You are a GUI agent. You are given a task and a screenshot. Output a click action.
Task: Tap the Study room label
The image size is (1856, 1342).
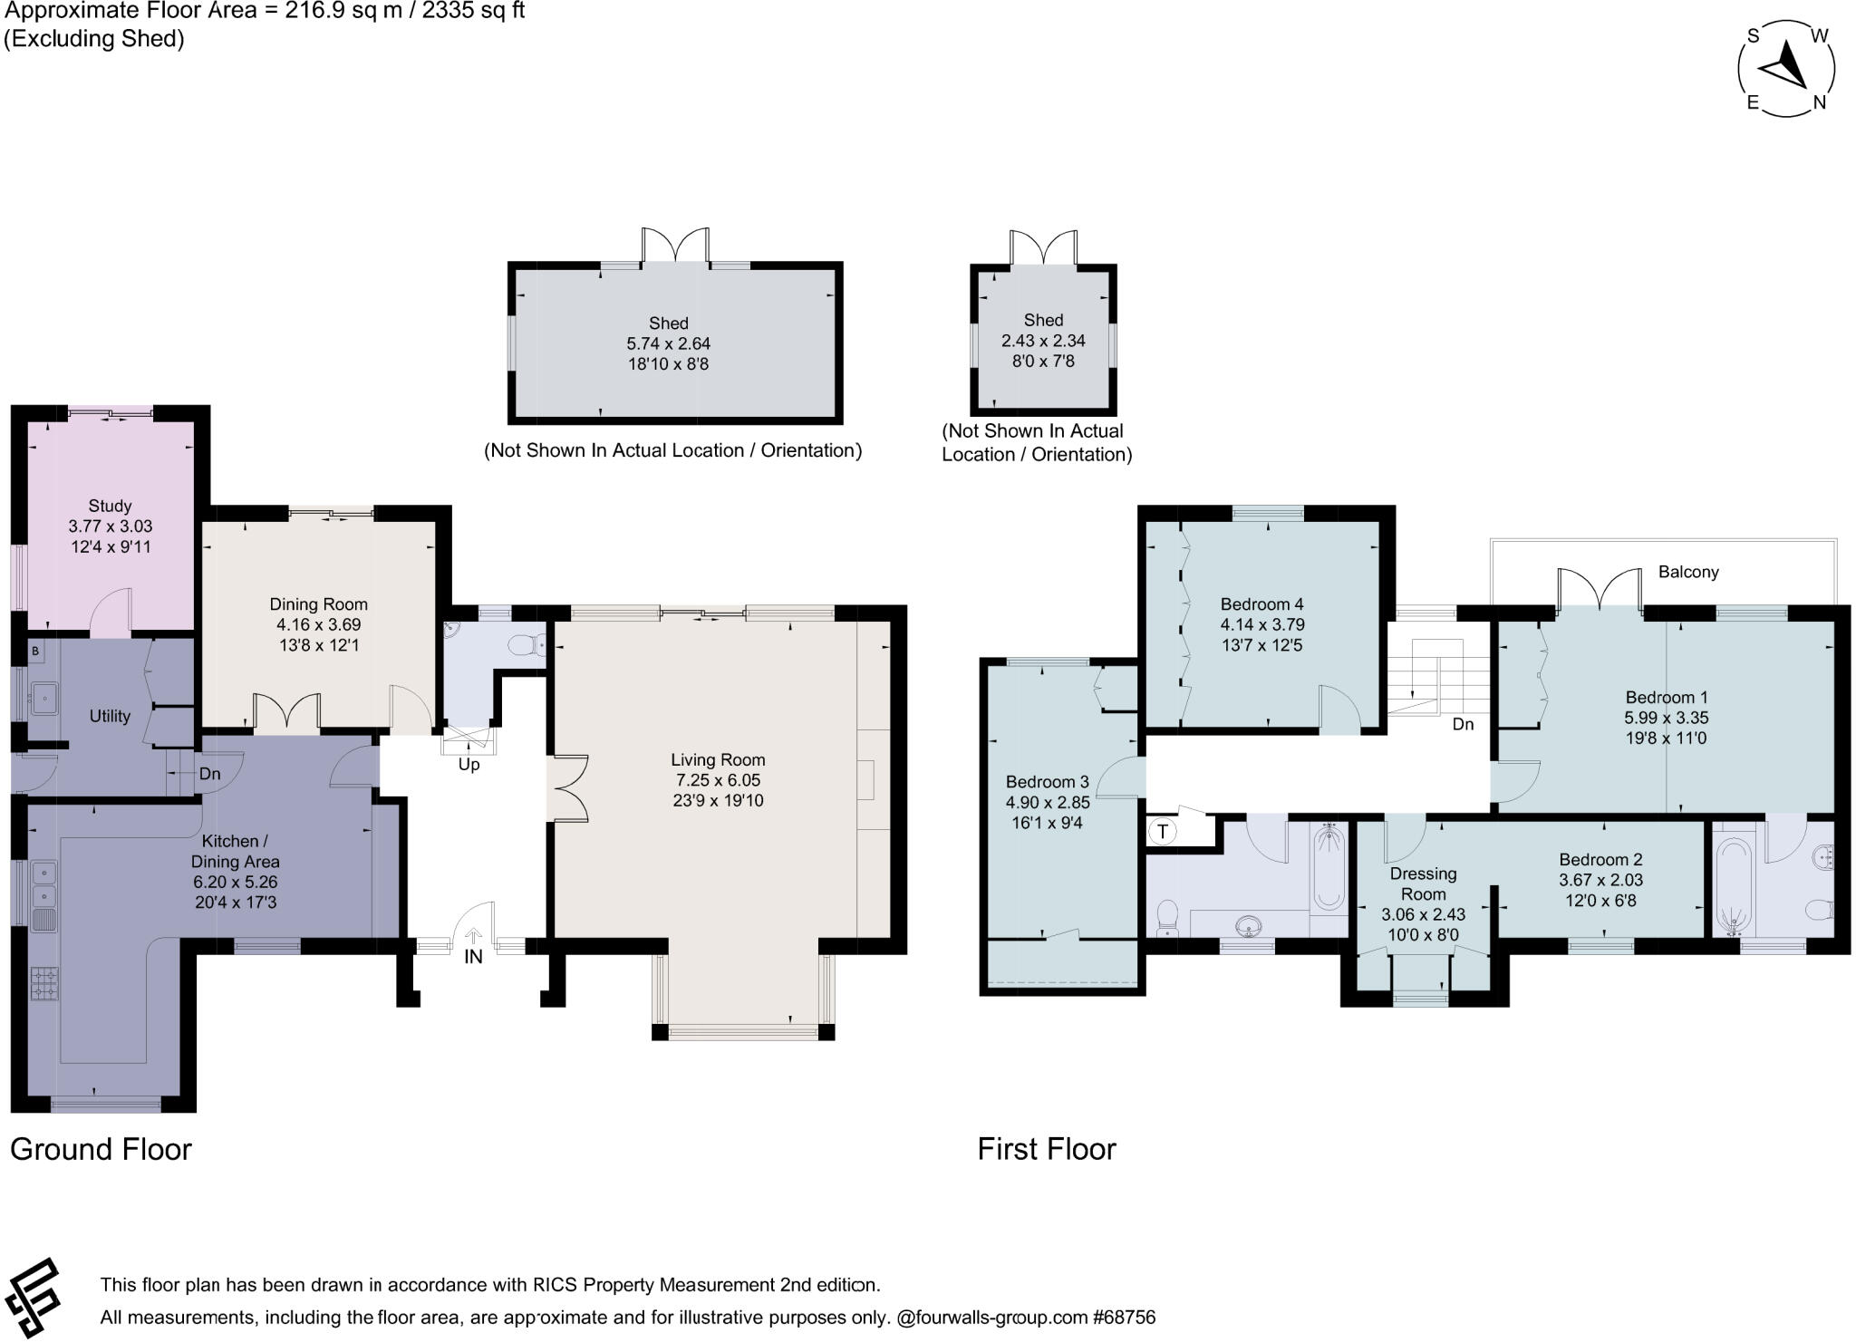click(110, 506)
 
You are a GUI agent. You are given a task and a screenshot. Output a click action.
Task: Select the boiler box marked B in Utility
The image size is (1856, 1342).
click(35, 651)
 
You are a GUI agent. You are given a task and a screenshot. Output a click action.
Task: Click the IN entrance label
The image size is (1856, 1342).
click(473, 956)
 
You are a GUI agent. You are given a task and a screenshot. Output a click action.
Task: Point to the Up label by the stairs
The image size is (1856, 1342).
click(469, 765)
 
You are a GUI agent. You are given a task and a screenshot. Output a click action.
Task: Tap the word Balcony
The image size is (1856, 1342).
click(1688, 572)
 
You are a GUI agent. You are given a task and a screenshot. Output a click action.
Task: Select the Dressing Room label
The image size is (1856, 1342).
click(1423, 883)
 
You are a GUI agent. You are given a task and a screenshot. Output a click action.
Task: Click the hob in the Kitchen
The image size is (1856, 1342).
click(44, 984)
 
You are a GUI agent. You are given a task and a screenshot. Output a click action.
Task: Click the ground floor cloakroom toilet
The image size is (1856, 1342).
click(527, 645)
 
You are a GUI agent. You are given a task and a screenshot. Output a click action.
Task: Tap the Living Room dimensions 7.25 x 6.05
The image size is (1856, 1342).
click(717, 780)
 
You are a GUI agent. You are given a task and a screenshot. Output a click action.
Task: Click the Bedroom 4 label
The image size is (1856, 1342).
click(1261, 604)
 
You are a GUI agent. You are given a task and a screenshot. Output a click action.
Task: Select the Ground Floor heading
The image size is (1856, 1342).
click(101, 1149)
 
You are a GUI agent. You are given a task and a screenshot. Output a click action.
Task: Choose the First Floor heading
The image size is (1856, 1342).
click(1047, 1149)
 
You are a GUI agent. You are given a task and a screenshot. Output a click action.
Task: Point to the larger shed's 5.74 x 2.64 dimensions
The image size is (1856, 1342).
click(669, 343)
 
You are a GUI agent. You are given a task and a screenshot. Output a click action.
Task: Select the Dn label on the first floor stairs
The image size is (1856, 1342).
click(1463, 725)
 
